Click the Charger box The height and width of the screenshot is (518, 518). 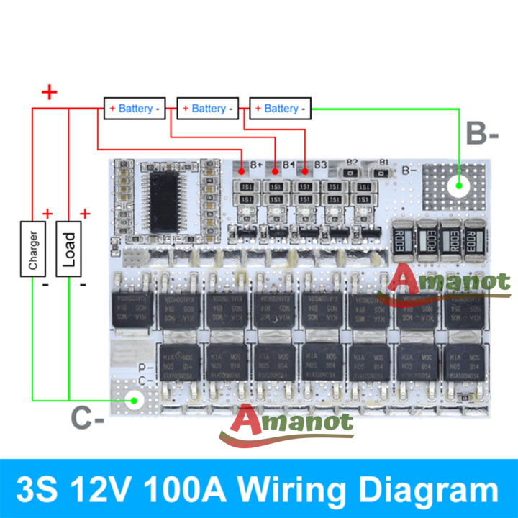pos(33,249)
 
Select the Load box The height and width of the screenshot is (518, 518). pos(69,249)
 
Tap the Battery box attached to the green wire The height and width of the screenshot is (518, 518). pos(281,109)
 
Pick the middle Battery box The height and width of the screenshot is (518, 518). pos(208,109)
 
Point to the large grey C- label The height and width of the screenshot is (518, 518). pos(88,417)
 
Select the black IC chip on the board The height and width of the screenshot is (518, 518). pos(171,199)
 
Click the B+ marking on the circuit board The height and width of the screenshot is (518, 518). pos(256,165)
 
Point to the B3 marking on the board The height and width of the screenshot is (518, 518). pos(320,165)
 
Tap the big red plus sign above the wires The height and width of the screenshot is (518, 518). pos(49,92)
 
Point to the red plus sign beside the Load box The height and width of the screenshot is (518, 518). pos(85,214)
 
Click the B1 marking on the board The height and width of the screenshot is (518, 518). pos(383,163)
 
